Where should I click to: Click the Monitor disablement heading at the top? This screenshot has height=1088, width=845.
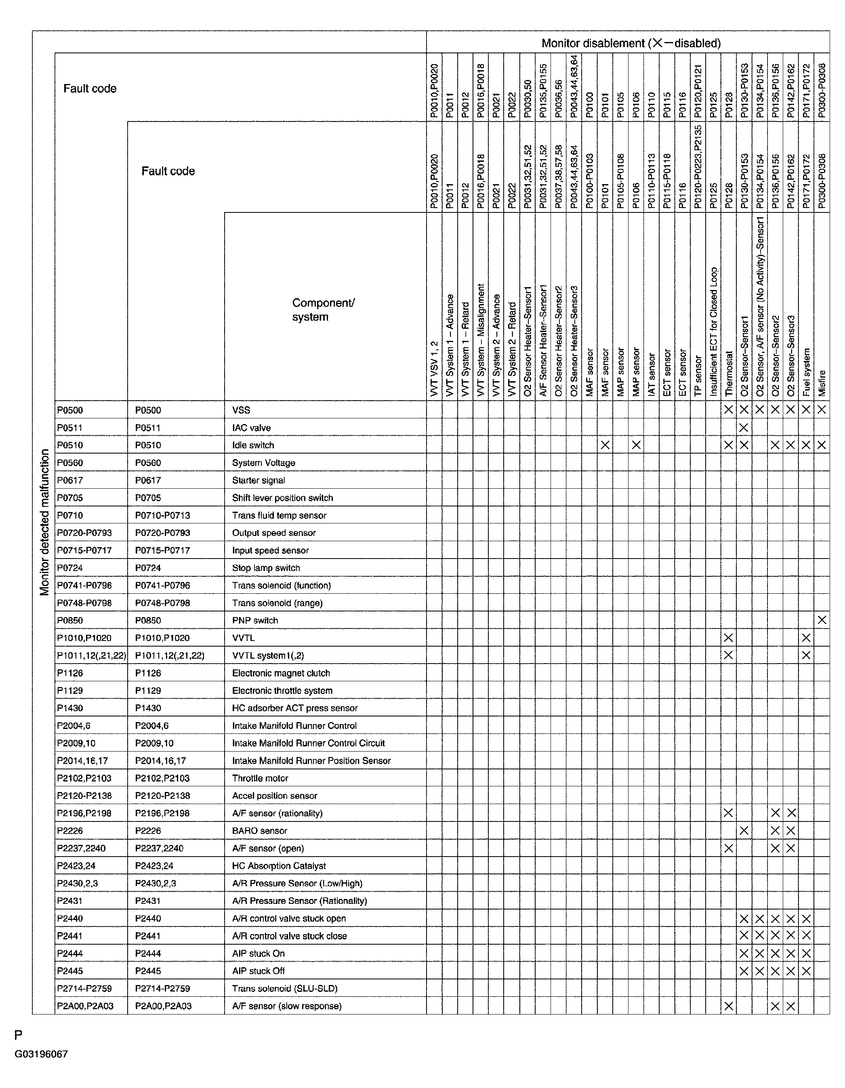tap(631, 43)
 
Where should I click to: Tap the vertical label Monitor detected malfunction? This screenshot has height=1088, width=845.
tap(45, 522)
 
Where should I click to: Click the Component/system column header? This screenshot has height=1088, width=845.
tap(323, 310)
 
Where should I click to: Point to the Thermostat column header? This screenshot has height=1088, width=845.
tap(728, 374)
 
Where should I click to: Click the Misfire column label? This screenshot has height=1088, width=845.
tap(822, 383)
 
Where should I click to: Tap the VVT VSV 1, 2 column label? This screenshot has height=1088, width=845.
tap(434, 369)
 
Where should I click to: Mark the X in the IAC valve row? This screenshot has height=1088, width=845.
tap(744, 427)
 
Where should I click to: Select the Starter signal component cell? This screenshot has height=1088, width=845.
tap(258, 480)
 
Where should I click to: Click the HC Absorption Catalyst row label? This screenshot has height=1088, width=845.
tap(279, 866)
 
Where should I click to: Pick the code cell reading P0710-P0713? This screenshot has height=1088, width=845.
tap(162, 515)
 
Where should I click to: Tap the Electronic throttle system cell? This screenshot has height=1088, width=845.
tap(282, 691)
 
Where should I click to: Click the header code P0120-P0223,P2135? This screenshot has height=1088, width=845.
tap(698, 167)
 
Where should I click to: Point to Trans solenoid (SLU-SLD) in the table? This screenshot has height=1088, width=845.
tap(284, 988)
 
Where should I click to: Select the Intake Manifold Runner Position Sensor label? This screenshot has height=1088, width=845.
tap(311, 761)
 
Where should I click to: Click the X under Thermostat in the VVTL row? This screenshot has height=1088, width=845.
tap(728, 638)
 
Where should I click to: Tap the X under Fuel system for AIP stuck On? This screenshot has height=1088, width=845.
tap(806, 954)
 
